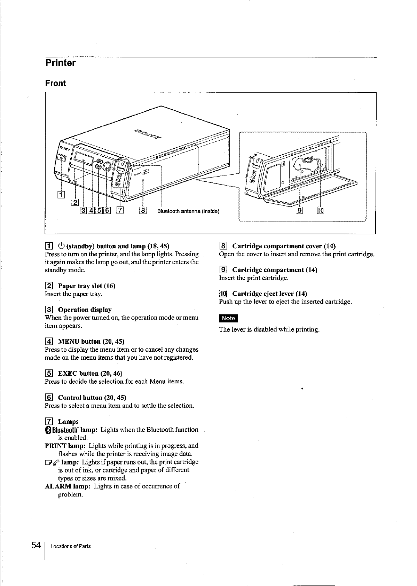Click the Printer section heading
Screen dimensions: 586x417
click(60, 63)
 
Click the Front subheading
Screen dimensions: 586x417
click(55, 83)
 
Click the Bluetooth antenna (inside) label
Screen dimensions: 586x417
click(188, 211)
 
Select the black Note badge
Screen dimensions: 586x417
click(228, 318)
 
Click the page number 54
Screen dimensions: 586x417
click(36, 545)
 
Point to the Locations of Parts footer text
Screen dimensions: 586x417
click(70, 546)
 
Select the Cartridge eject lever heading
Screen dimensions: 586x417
click(269, 294)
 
